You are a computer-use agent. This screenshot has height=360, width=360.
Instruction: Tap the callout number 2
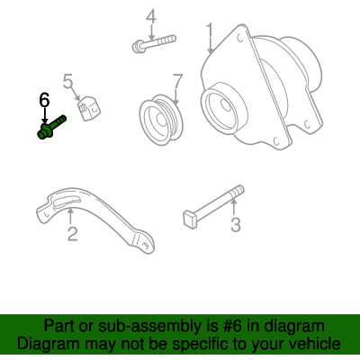pos(72,235)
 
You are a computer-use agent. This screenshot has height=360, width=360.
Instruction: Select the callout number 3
pos(235,225)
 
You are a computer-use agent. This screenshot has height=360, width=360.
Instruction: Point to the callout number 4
pos(151,16)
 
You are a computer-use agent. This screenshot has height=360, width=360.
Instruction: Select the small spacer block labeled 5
pos(88,110)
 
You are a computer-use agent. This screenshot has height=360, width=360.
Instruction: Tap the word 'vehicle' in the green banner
pos(313,345)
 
